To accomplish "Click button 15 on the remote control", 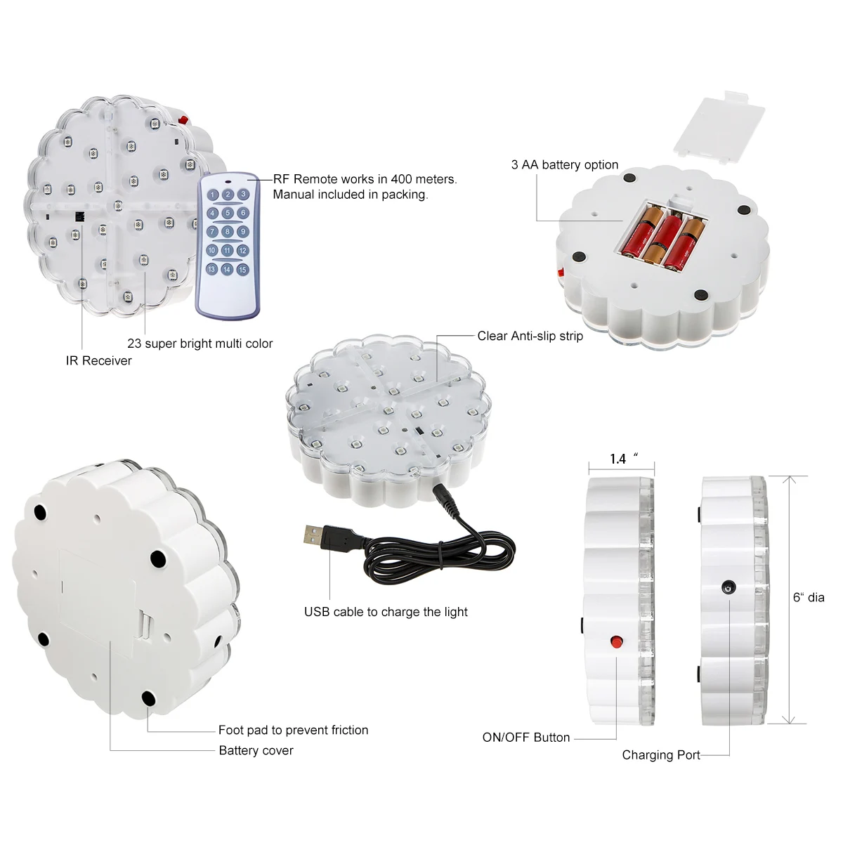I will point(242,269).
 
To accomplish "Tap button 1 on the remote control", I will point(212,195).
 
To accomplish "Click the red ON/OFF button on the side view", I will point(616,641).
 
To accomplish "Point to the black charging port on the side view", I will point(728,587).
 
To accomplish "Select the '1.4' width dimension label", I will point(618,459).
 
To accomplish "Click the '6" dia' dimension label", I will point(809,597).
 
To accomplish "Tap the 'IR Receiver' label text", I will point(99,360).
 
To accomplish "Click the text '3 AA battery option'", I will point(565,164).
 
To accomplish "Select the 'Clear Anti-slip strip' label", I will point(530,336).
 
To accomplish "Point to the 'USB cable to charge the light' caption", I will point(386,612).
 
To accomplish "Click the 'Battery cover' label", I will point(256,750).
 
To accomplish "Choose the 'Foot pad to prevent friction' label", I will point(293,730).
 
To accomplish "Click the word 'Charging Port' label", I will point(661,754).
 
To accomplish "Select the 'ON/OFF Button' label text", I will point(526,737).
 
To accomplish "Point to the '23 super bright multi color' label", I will point(200,344).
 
